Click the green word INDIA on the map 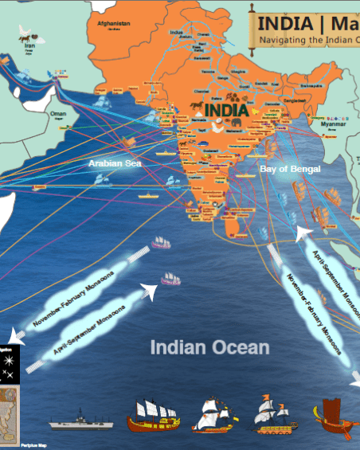pyautogui.click(x=226, y=110)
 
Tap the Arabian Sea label pyautogui.click(x=114, y=162)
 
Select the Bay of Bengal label pyautogui.click(x=290, y=170)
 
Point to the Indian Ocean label pyautogui.click(x=209, y=347)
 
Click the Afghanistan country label pyautogui.click(x=113, y=24)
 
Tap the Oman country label pyautogui.click(x=58, y=114)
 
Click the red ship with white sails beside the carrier pyautogui.click(x=153, y=413)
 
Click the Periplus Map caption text pyautogui.click(x=32, y=445)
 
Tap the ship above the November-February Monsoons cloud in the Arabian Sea pyautogui.click(x=161, y=242)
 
